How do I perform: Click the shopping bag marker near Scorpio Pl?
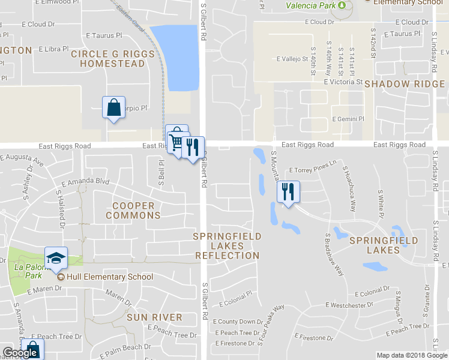(113, 108)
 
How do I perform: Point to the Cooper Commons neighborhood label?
(133, 211)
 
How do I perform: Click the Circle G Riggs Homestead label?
(107, 59)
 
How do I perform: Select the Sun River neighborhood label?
(154, 317)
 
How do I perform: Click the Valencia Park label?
(310, 6)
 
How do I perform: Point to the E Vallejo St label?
(292, 59)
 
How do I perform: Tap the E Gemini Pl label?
(348, 119)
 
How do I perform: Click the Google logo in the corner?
(20, 353)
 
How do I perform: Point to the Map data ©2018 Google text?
(412, 355)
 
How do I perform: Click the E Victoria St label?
(343, 82)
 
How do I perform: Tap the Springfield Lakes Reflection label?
(227, 246)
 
